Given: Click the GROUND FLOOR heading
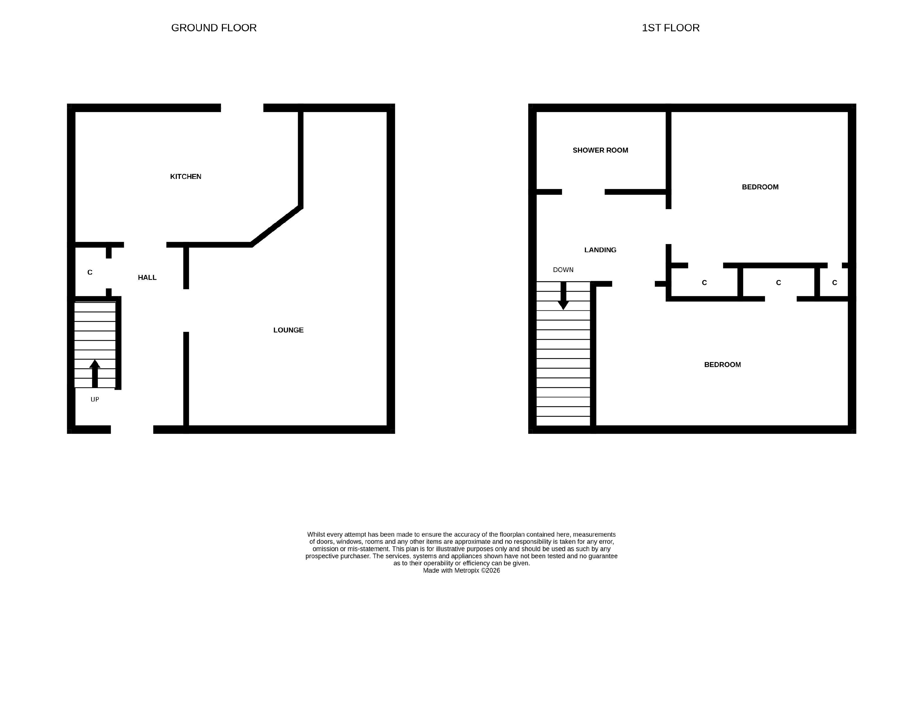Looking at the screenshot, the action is [x=214, y=28].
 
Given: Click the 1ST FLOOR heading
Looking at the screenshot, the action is [x=671, y=28].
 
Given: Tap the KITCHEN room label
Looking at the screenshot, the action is [x=185, y=176].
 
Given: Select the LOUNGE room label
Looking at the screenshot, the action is [x=288, y=330].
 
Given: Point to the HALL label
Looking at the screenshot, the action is [x=147, y=278].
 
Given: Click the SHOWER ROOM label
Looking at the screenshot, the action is [x=600, y=150].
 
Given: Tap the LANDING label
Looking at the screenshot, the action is [x=600, y=250].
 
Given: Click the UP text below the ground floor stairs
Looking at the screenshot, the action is [x=95, y=400].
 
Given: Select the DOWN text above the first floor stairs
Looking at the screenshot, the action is [x=563, y=270].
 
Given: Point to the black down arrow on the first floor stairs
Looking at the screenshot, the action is [x=563, y=296].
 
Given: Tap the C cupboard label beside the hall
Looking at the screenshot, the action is [x=90, y=272].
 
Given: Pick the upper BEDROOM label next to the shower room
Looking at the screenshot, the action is [x=760, y=187].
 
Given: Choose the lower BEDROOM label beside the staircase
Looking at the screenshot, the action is [x=722, y=365].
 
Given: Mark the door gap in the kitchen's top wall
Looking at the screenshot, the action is [x=242, y=108].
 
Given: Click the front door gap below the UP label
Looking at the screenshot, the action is [x=132, y=429].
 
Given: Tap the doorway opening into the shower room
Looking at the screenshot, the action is [x=583, y=192].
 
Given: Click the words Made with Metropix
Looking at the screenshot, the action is [x=451, y=571].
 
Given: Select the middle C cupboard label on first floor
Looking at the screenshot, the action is [x=778, y=283].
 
